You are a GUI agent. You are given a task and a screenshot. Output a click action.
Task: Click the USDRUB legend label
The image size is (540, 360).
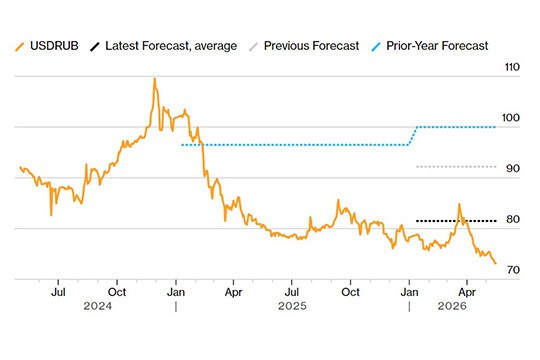coord(54,46)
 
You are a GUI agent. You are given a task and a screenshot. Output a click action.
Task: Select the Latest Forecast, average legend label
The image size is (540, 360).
coord(171,46)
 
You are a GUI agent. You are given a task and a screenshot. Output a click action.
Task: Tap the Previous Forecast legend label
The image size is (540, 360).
coord(311,46)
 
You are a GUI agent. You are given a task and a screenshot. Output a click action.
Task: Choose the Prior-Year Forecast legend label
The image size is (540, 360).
coord(437,46)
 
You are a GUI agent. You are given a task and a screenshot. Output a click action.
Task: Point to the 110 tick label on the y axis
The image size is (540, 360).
coord(512,67)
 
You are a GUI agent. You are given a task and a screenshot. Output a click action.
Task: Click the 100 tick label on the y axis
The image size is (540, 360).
coord(511,118)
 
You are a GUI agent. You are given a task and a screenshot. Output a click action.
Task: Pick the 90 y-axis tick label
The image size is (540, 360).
coord(512,168)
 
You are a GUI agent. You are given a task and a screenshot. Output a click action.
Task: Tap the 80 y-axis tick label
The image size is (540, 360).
coord(512,219)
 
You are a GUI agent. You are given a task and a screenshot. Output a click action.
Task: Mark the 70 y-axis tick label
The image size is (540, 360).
coord(513,270)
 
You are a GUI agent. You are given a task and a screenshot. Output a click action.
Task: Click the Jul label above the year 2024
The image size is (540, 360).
coord(58,292)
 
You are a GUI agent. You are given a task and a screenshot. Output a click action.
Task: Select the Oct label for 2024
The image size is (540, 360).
coord(117,292)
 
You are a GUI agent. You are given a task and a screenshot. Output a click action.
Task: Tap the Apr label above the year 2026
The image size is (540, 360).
coord(467,292)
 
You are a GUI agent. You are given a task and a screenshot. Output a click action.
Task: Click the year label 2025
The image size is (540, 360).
coord(292,306)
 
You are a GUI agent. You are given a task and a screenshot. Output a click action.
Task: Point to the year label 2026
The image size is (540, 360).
coord(452,306)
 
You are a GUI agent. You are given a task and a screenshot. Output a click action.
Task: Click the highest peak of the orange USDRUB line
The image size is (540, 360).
coord(155,79)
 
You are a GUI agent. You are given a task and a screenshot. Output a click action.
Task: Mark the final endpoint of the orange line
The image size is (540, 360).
coord(496,264)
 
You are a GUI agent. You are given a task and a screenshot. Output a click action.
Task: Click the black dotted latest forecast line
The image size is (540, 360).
coord(456,221)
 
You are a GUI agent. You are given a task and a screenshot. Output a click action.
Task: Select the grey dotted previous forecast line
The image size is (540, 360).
coord(456,167)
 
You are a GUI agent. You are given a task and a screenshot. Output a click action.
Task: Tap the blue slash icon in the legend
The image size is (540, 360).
coord(376,47)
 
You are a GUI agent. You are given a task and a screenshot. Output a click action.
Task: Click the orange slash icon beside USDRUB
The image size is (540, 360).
coord(20,47)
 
